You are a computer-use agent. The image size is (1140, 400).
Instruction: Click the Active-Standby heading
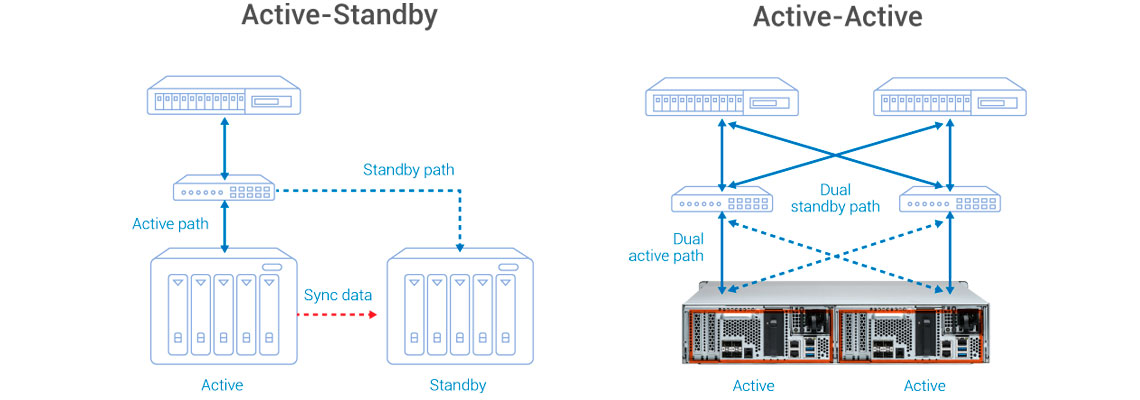point(339,17)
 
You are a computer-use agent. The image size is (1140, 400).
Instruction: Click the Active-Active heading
point(837,17)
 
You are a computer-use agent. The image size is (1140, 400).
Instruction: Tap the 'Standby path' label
point(408,170)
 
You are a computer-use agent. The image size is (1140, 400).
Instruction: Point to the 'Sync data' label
point(338,295)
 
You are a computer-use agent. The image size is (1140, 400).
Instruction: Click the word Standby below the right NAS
point(458,385)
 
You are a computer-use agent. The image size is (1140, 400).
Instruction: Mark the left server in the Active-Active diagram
point(722,101)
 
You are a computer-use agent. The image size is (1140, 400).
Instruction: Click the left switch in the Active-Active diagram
point(722,200)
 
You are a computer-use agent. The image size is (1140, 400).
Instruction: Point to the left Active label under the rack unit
point(753,385)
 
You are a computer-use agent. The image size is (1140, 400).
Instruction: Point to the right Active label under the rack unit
point(924,385)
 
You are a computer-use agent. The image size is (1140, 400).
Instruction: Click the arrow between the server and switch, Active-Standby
point(223,145)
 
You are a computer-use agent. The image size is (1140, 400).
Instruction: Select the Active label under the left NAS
point(222,385)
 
